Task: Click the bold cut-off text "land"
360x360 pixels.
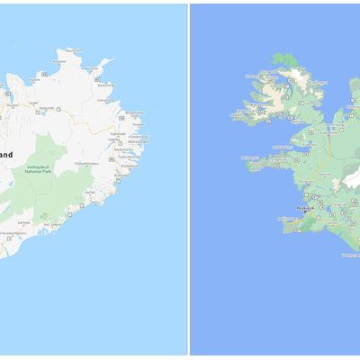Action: [6, 154]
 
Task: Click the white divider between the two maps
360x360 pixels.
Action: [188, 180]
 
